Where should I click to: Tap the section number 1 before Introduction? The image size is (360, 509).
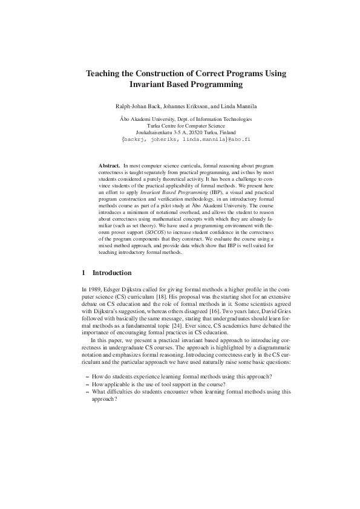tap(83, 273)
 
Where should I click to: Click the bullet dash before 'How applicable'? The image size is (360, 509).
tap(88, 384)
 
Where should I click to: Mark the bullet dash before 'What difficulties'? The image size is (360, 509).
tap(88, 391)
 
